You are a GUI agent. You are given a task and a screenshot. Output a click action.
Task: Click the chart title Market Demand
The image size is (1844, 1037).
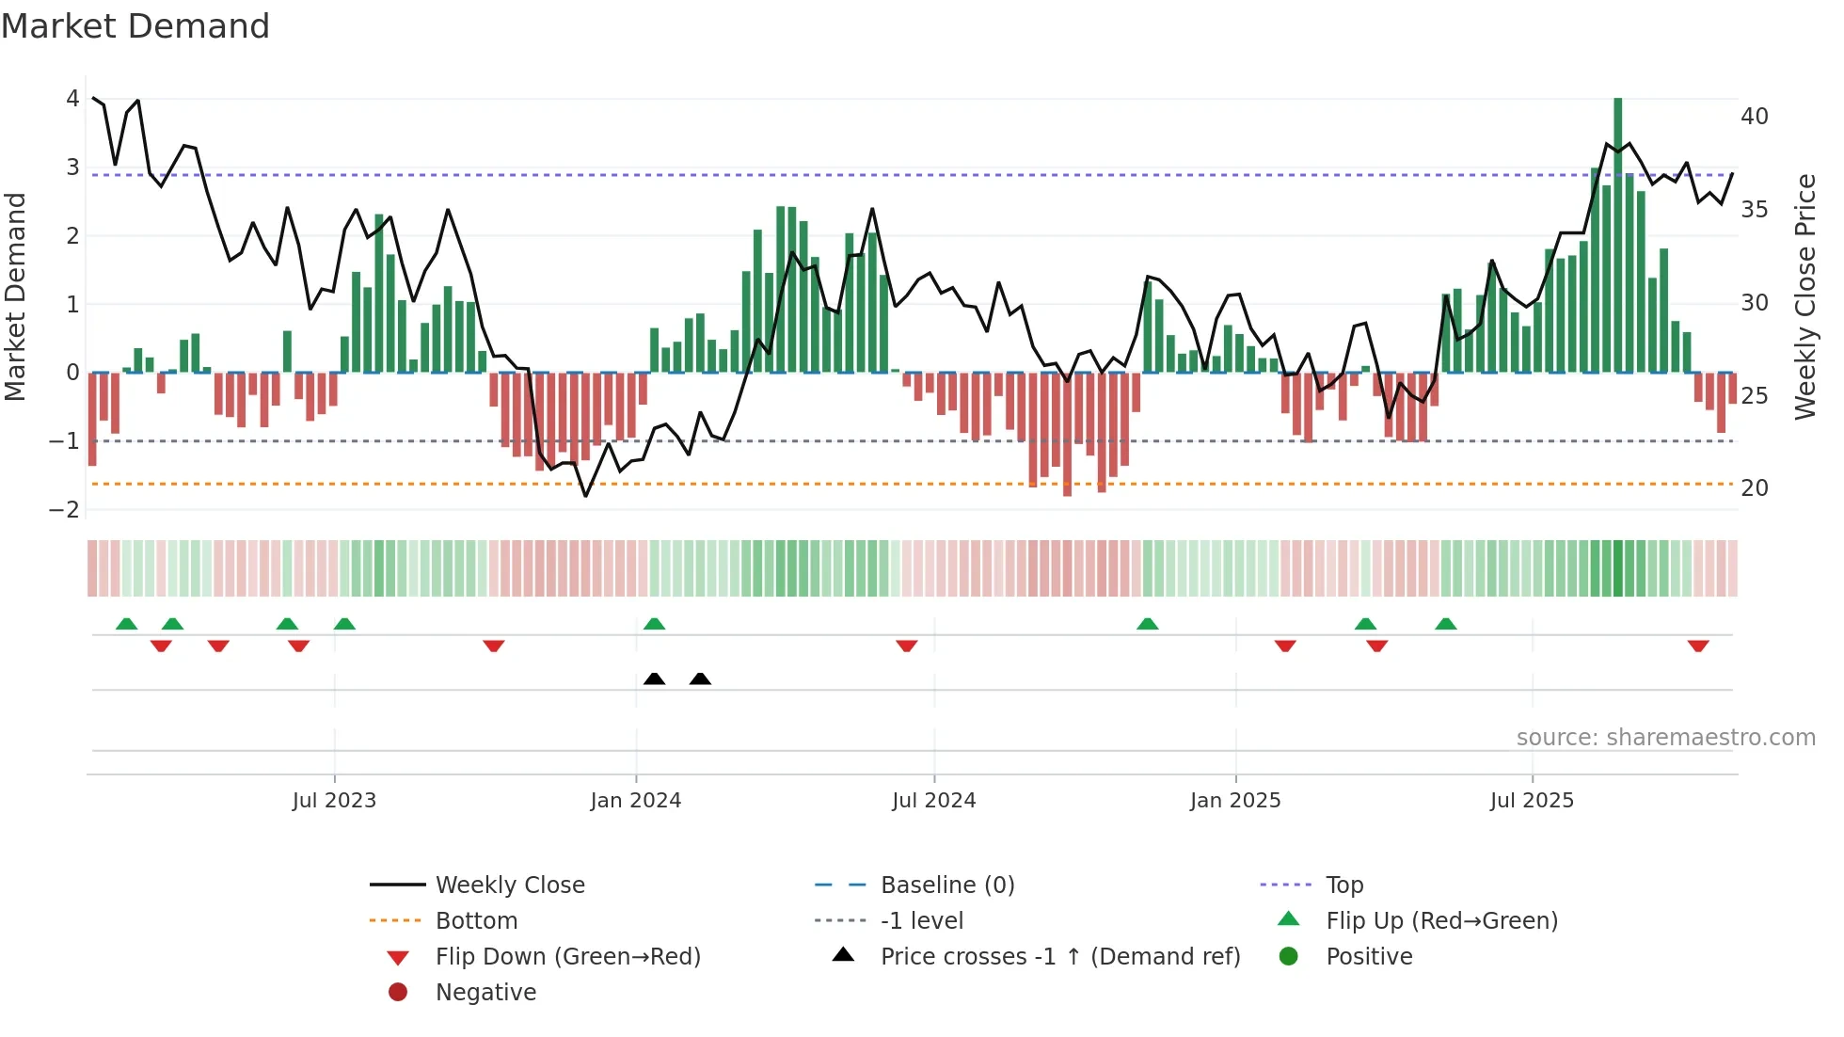(135, 26)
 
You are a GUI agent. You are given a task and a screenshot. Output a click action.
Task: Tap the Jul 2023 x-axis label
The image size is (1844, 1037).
(334, 801)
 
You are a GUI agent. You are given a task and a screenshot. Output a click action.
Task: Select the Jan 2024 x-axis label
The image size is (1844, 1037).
(635, 801)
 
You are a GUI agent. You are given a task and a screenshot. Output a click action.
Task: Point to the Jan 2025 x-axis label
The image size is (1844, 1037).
(1234, 801)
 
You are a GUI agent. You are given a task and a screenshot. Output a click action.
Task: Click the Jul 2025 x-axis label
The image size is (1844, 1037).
(1532, 801)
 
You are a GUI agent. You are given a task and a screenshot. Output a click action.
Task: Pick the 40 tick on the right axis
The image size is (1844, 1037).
(1754, 117)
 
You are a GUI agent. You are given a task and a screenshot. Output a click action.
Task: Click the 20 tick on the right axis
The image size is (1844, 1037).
(1754, 488)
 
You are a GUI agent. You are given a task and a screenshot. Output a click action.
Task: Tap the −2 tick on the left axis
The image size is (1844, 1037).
(65, 510)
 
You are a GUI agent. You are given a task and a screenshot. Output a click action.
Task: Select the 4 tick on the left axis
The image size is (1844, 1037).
(72, 99)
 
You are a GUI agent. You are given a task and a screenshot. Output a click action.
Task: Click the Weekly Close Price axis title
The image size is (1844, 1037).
(1804, 296)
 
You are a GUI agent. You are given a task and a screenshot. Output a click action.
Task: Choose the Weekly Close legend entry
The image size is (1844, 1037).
(509, 885)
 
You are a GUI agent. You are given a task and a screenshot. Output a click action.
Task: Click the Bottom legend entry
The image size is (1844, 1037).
(476, 921)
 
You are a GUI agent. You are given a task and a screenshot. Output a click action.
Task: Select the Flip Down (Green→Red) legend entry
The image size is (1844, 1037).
(567, 957)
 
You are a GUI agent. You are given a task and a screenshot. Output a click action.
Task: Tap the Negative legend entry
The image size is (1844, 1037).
(485, 993)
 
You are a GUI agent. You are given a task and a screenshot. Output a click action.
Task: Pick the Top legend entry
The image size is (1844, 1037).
(1344, 885)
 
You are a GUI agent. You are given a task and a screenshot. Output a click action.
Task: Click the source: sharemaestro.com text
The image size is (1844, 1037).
(1665, 738)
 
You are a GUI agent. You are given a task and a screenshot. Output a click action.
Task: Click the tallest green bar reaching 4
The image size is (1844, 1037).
(1618, 235)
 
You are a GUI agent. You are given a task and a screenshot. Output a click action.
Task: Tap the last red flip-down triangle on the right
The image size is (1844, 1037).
(1698, 646)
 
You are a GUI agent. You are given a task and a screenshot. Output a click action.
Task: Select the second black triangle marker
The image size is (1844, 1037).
(700, 678)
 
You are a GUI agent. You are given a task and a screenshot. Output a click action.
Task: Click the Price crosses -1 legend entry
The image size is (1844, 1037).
(1059, 957)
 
